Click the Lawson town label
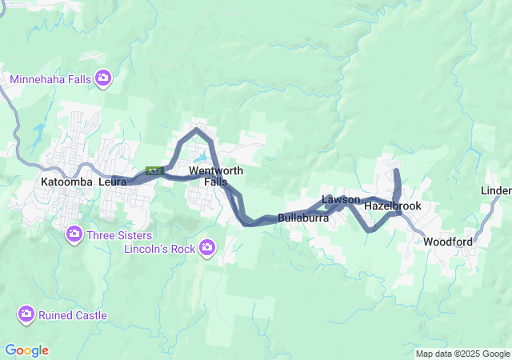pyautogui.click(x=341, y=199)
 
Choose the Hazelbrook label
pyautogui.click(x=392, y=206)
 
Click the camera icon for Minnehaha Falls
pyautogui.click(x=103, y=78)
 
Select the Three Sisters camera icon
pyautogui.click(x=74, y=234)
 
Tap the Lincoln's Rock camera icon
pyautogui.click(x=208, y=247)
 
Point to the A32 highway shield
pyautogui.click(x=154, y=171)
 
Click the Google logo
pyautogui.click(x=26, y=350)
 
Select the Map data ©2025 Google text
pyautogui.click(x=462, y=354)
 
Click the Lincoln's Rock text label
pyautogui.click(x=160, y=249)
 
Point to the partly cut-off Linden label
pyautogui.click(x=497, y=190)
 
